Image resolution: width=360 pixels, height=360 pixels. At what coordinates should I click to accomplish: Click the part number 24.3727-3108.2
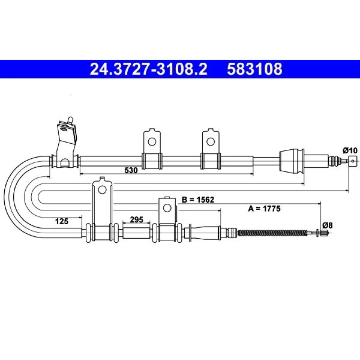[149, 69]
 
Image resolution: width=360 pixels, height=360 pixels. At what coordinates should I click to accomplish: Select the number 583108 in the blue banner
[255, 69]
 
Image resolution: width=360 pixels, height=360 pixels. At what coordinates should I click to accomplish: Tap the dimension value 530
[131, 170]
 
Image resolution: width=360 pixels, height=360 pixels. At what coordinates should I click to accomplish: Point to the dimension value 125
[62, 221]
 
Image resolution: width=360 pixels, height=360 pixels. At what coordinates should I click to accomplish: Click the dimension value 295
[136, 220]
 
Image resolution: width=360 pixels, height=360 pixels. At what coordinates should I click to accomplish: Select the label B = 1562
[198, 200]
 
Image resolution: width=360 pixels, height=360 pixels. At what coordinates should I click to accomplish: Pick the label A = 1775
[264, 208]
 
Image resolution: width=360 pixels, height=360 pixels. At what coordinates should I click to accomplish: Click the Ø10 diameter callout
[350, 150]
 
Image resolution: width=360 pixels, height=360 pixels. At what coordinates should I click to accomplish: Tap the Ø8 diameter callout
[327, 225]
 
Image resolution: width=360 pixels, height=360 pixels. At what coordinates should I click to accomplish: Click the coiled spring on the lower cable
[272, 233]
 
